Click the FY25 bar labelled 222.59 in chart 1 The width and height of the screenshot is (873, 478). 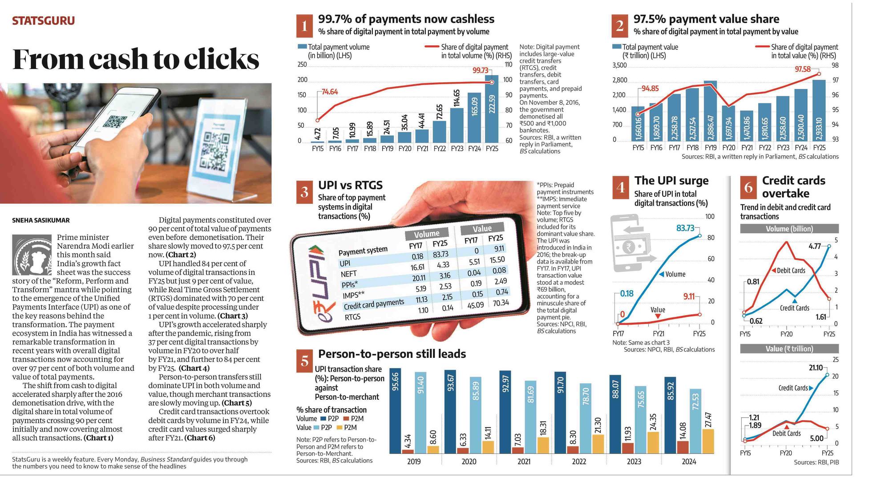point(492,109)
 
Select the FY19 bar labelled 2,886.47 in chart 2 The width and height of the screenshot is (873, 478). point(710,111)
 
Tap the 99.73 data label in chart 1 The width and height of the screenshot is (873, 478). point(480,70)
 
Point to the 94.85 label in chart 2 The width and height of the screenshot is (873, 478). point(650,89)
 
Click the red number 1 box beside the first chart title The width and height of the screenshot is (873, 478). point(304,26)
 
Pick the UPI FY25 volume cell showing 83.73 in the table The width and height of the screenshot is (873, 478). point(440,254)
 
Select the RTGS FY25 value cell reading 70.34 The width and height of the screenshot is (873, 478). point(501,303)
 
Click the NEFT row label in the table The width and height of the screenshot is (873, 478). point(349,274)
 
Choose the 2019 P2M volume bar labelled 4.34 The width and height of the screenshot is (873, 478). point(408,451)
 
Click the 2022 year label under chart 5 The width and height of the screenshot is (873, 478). point(579,462)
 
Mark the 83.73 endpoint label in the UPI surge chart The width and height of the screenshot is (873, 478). point(685,228)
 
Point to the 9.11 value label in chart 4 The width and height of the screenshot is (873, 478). point(688,296)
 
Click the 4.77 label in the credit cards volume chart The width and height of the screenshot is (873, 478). point(814,246)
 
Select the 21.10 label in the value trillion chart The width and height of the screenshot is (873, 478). point(816,368)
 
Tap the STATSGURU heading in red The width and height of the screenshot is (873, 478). point(43,21)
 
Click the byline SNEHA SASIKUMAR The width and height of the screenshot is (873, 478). point(41,220)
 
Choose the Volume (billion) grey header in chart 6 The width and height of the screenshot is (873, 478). point(789,229)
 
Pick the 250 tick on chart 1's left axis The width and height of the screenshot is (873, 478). point(302,65)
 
